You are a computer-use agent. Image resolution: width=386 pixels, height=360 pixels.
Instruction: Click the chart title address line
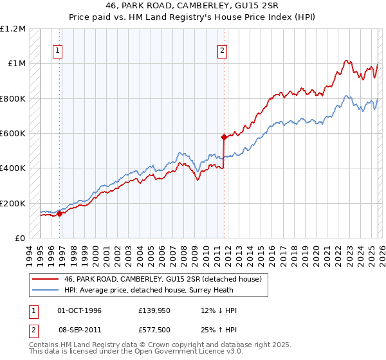click(193, 5)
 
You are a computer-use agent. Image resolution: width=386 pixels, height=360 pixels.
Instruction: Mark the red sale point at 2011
click(224, 137)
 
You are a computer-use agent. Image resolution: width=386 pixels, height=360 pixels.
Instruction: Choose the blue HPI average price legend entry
click(149, 291)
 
